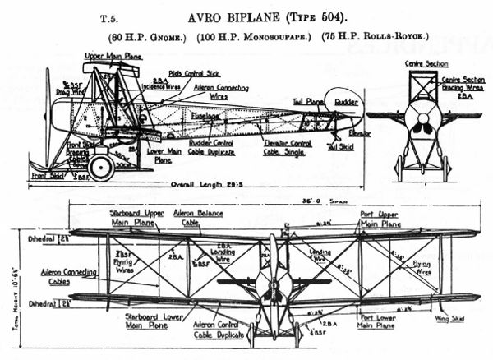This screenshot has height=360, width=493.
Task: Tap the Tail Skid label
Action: (340, 146)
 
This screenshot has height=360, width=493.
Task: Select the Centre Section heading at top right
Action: (424, 62)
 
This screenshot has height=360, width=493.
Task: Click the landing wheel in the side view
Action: (102, 168)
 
